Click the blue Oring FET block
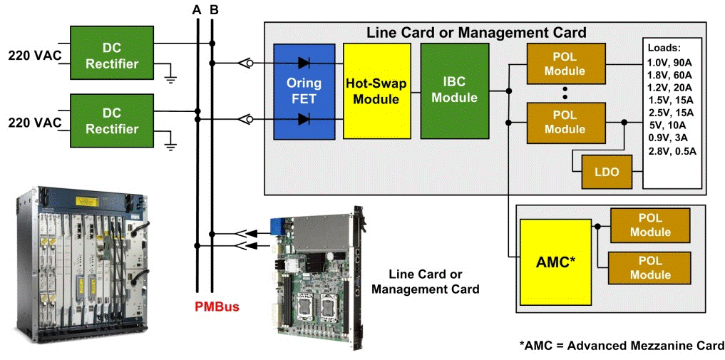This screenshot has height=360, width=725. coord(304,91)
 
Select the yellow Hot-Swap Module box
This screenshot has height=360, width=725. coord(376,91)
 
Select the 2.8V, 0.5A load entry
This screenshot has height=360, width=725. coord(672,150)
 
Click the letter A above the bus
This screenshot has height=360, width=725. coord(197,9)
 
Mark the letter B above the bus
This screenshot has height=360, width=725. coord(214,9)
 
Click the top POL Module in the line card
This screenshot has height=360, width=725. coord(564,63)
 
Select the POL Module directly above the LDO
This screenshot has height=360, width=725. coord(564,121)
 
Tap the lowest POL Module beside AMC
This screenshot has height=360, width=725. coord(650,267)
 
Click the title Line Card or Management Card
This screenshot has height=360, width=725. coord(476,33)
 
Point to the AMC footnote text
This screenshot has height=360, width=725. coord(622,346)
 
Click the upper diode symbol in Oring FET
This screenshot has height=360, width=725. coord(304,63)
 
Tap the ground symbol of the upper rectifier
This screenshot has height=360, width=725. coord(171,77)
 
